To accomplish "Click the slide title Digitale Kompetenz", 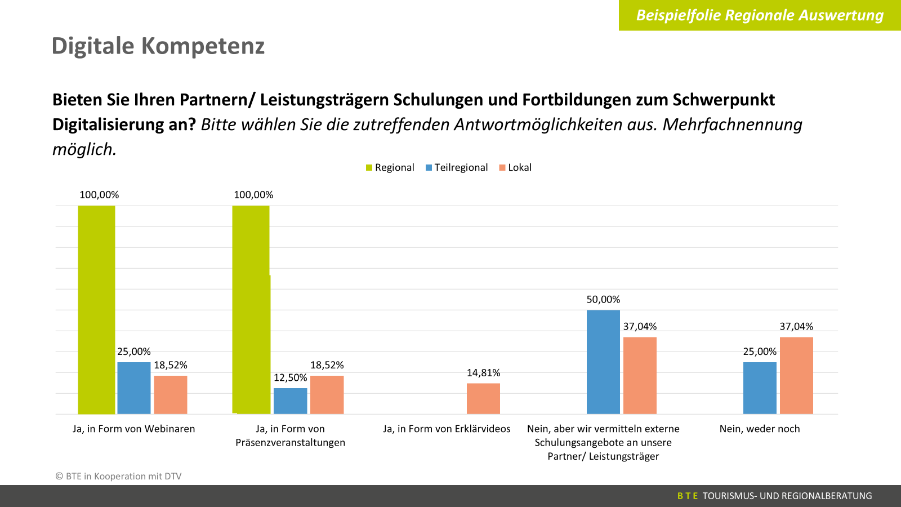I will coord(158,46).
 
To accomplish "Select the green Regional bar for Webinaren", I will coord(96,310).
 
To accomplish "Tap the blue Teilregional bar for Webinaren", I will coord(134,388).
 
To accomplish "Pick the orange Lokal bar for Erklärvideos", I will coord(483,399).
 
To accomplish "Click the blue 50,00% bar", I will coord(603,362).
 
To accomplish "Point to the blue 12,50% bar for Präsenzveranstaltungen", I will coord(291,401).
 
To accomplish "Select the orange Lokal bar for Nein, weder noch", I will coord(796,376).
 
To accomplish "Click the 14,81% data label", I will coord(483,373).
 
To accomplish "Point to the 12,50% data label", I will coord(291,378).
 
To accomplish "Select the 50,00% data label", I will coord(603,300).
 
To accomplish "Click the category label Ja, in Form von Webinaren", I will coord(133,429).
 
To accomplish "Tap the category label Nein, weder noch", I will coord(760,429).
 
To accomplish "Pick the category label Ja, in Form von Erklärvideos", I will coord(447,429).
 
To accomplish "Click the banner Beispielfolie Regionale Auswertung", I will coord(760,15).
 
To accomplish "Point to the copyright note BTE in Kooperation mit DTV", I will coord(119,477).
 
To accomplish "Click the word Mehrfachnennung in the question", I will coord(732,124).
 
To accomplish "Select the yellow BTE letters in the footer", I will coord(687,496).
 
